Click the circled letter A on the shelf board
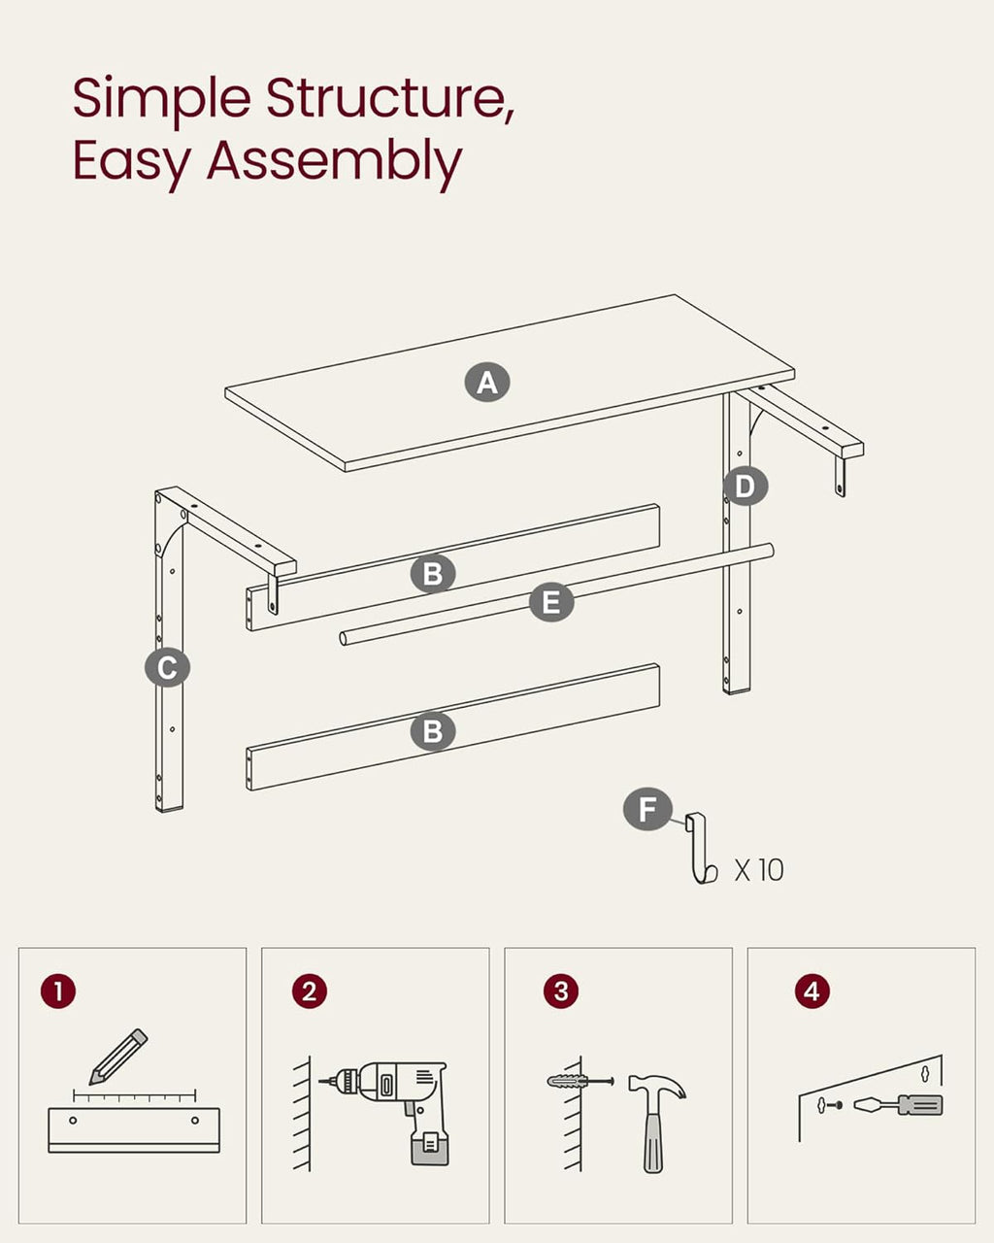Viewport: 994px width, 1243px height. tap(487, 382)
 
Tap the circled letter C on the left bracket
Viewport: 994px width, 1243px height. tap(167, 667)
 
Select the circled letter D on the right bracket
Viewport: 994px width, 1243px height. tap(745, 486)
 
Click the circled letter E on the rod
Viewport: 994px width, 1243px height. tap(551, 603)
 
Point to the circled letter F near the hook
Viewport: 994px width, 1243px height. tap(647, 809)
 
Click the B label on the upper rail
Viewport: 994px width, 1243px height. tap(433, 574)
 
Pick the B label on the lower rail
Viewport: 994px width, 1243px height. tap(433, 730)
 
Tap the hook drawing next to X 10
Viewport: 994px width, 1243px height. tap(701, 851)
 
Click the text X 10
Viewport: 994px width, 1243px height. tap(759, 869)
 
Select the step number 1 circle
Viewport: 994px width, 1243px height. tap(58, 991)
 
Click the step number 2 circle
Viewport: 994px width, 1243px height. tap(310, 991)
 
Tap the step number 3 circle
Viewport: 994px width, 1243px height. tap(561, 991)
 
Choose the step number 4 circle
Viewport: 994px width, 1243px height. tap(812, 991)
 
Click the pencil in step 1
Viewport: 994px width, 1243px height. tap(119, 1057)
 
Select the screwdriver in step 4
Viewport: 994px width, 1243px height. tap(900, 1105)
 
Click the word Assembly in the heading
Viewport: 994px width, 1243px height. tap(334, 161)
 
